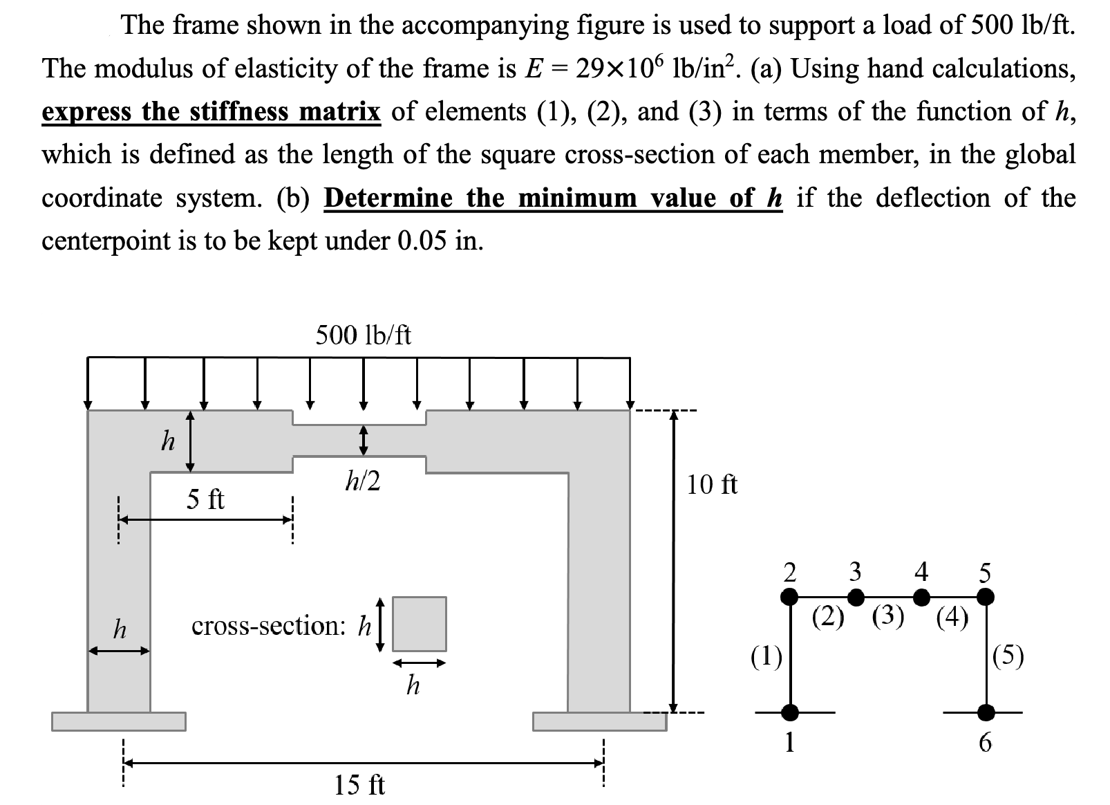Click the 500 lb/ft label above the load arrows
pyautogui.click(x=363, y=335)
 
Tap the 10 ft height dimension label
pyautogui.click(x=712, y=485)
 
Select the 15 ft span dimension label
pyautogui.click(x=359, y=785)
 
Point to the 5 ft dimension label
pyautogui.click(x=205, y=499)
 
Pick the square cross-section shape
pyautogui.click(x=419, y=624)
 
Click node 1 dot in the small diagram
pyautogui.click(x=789, y=712)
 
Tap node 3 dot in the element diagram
pyautogui.click(x=855, y=596)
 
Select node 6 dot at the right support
pyautogui.click(x=986, y=712)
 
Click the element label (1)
pyautogui.click(x=766, y=655)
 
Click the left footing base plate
pyautogui.click(x=119, y=721)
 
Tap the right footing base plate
pyautogui.click(x=599, y=721)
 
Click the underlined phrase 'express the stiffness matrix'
pyautogui.click(x=211, y=111)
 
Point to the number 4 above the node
pyautogui.click(x=921, y=572)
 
